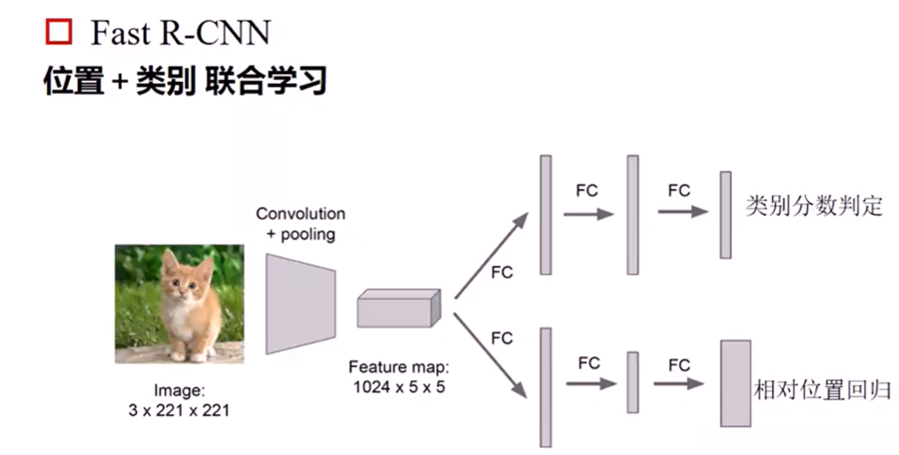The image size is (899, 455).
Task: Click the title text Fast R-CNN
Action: tap(180, 33)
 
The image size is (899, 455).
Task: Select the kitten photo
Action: tap(179, 304)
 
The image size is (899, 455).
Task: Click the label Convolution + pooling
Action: tap(301, 224)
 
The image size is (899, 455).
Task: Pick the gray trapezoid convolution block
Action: tap(300, 303)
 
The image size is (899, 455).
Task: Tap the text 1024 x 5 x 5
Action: tap(398, 386)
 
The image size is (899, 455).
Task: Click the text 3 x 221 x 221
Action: tap(179, 410)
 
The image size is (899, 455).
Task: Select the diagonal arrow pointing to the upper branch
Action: tap(491, 255)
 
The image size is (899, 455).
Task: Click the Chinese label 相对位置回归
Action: tap(822, 391)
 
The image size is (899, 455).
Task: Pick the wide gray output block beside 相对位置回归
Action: tap(736, 383)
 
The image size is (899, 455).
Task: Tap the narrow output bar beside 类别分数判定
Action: tap(725, 214)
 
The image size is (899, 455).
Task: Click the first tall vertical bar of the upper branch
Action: tap(546, 214)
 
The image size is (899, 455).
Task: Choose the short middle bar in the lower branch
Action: tap(633, 382)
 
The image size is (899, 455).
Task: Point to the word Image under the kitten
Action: tap(179, 391)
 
